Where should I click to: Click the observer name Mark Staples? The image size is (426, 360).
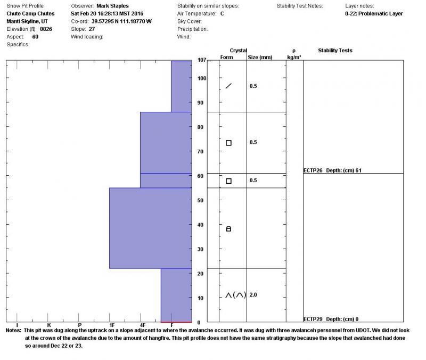click(112, 6)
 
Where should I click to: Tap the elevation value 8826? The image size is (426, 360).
click(46, 29)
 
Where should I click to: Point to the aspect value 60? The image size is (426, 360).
click(35, 37)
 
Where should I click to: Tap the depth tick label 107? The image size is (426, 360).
click(201, 60)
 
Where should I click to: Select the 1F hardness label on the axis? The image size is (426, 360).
click(111, 325)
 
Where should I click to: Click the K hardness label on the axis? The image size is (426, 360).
click(48, 325)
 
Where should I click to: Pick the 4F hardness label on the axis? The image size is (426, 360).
click(142, 325)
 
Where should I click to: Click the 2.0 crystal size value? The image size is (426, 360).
click(253, 294)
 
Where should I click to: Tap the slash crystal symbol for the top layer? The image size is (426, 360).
click(228, 86)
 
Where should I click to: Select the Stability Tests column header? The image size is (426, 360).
click(335, 51)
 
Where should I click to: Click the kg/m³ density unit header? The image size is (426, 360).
click(294, 57)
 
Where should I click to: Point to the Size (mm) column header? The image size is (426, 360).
click(260, 57)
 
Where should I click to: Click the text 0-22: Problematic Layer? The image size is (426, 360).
click(374, 14)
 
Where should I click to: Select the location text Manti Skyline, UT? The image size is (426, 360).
click(27, 21)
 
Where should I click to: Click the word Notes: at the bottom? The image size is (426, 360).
click(13, 330)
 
